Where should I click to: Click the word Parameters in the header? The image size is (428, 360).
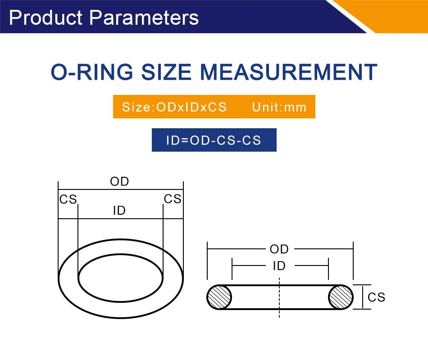[x=144, y=18]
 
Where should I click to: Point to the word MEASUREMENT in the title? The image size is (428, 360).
[x=288, y=72]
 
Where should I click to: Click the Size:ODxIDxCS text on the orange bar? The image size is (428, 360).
[x=174, y=108]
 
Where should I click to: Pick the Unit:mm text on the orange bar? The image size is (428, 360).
[x=279, y=108]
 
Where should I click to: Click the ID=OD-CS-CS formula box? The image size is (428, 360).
[x=214, y=140]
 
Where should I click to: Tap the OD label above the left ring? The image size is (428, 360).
[x=119, y=182]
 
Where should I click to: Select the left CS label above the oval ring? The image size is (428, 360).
[x=68, y=199]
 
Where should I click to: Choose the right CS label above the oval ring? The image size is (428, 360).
[x=173, y=199]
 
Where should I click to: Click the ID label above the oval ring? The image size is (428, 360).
[x=119, y=211]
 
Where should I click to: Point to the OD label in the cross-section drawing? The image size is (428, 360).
[x=279, y=249]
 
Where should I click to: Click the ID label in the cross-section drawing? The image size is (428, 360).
[x=279, y=266]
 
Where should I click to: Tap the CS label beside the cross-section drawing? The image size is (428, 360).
[x=376, y=297]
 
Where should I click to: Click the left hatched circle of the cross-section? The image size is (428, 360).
[x=219, y=297]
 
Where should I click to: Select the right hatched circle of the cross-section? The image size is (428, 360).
[x=341, y=297]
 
